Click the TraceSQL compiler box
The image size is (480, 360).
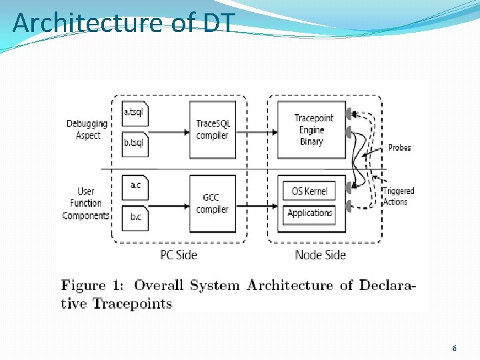point(212,129)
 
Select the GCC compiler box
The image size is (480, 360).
point(212,203)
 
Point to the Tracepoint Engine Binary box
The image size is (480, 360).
point(311,129)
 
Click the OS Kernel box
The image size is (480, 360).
point(310,191)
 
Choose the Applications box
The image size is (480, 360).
point(310,213)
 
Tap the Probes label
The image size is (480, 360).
point(399,147)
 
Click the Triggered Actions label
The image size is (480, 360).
point(398,196)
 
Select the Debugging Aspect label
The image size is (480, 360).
point(87,129)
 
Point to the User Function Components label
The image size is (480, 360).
point(85,203)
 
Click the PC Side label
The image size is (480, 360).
point(179,255)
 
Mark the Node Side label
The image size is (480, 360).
point(321,255)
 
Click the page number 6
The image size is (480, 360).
point(454,348)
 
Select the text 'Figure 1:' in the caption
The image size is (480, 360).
point(94,286)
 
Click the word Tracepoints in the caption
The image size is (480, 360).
point(132,304)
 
